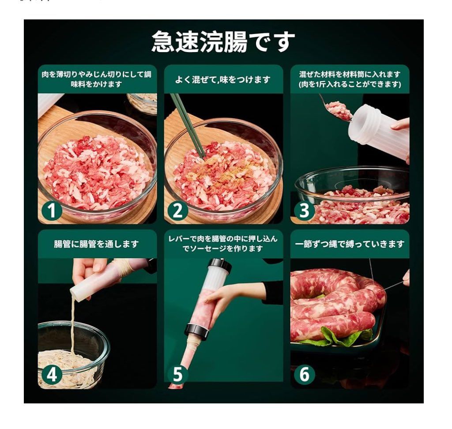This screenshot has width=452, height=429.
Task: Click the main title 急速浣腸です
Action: [x=223, y=41]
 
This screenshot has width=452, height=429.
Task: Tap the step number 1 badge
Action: [x=52, y=211]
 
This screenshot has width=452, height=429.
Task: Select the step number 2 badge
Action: [x=177, y=211]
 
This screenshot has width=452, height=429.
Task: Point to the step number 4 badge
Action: [x=52, y=375]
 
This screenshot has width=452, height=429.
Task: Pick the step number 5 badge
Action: [x=177, y=374]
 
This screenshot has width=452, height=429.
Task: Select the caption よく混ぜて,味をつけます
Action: [x=223, y=79]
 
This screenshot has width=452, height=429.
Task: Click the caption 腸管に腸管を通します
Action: [x=97, y=244]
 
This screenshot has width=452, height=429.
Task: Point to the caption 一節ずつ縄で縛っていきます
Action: [x=350, y=244]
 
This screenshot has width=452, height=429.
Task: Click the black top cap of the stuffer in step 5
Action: [x=220, y=266]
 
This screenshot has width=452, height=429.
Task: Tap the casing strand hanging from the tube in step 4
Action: [x=72, y=326]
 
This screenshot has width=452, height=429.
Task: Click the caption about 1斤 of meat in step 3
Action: [x=350, y=84]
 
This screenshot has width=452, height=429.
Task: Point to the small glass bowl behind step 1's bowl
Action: [x=142, y=103]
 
